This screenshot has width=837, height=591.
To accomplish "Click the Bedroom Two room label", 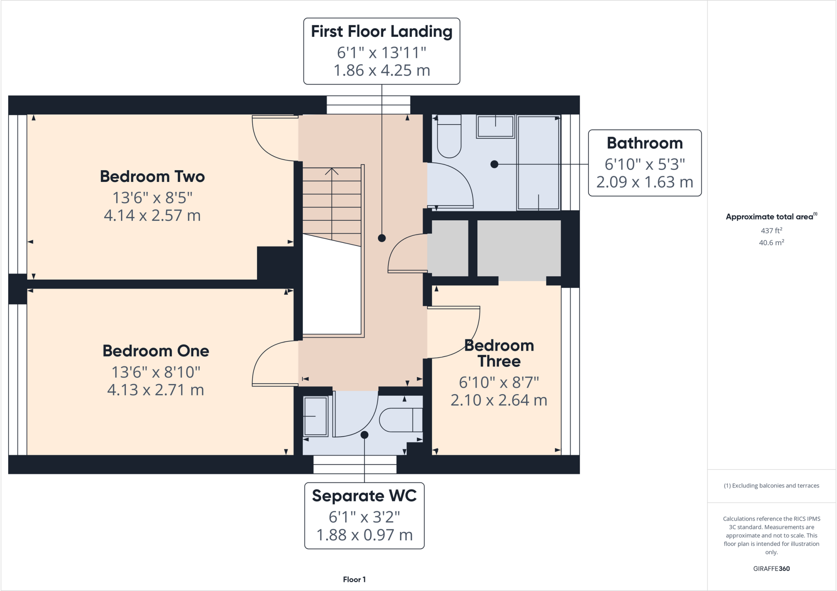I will click(x=152, y=177).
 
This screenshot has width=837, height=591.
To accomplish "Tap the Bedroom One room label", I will click(x=156, y=351).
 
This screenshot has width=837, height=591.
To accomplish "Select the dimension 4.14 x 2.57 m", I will click(x=152, y=215).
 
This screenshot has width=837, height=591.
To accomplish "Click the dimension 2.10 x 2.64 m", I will click(x=499, y=400).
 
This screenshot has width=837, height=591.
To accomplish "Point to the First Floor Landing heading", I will click(x=381, y=32).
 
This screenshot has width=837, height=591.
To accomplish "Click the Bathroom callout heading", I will click(x=645, y=143).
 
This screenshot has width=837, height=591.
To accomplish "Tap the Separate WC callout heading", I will click(x=364, y=496).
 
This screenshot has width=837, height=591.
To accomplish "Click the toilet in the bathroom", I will click(x=449, y=137).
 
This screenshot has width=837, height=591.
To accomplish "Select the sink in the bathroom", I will click(x=495, y=126).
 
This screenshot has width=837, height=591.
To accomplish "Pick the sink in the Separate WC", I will click(x=315, y=416).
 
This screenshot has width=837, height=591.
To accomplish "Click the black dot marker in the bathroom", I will click(x=494, y=164).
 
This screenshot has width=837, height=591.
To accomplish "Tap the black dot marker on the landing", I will click(x=382, y=238).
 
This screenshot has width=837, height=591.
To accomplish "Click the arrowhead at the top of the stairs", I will click(x=332, y=170).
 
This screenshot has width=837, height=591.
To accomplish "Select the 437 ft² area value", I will click(x=771, y=231).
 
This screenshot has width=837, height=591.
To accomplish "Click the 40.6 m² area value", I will click(x=771, y=243).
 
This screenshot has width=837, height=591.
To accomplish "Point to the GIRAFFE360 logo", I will click(x=771, y=569).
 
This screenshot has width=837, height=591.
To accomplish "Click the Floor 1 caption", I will click(x=354, y=580).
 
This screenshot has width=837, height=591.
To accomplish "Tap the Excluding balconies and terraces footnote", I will click(x=771, y=486).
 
